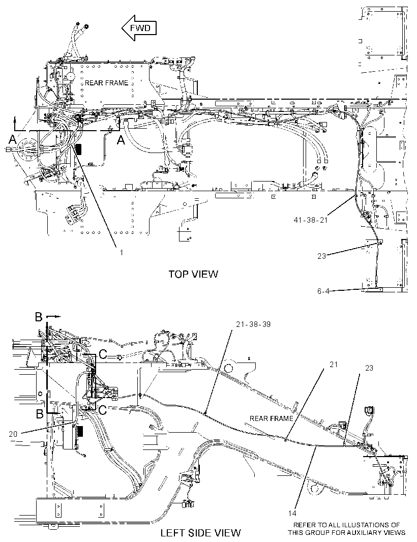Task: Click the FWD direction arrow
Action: pyautogui.click(x=139, y=28)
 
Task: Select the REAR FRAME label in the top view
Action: pyautogui.click(x=106, y=83)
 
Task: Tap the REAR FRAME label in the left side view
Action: pyautogui.click(x=272, y=418)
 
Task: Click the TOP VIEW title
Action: pyautogui.click(x=193, y=274)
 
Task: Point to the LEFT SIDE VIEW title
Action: pyautogui.click(x=200, y=532)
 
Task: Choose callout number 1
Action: pyautogui.click(x=122, y=253)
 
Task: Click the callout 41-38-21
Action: pyautogui.click(x=310, y=220)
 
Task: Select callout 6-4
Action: pyautogui.click(x=323, y=291)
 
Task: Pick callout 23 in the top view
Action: pyautogui.click(x=321, y=256)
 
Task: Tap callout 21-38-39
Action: pyautogui.click(x=253, y=324)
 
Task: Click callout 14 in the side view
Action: pyautogui.click(x=292, y=514)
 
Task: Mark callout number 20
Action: pyautogui.click(x=13, y=434)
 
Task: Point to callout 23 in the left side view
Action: pyautogui.click(x=369, y=368)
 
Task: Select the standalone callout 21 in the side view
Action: pyautogui.click(x=333, y=365)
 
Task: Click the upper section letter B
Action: pyautogui.click(x=39, y=317)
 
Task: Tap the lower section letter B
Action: pyautogui.click(x=40, y=413)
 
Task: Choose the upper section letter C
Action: pyautogui.click(x=103, y=354)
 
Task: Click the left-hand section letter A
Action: pyautogui.click(x=12, y=140)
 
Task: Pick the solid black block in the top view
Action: pyautogui.click(x=79, y=150)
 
